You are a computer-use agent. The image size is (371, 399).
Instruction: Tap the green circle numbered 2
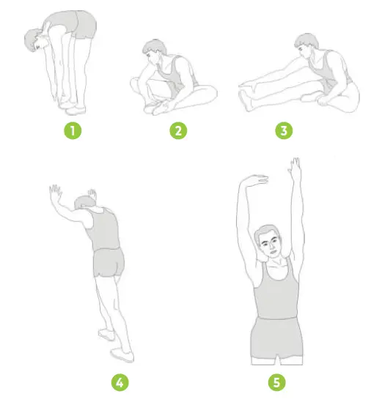178,132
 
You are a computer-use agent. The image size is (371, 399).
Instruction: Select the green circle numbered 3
283,132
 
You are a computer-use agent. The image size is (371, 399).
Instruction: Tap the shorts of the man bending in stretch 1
82,25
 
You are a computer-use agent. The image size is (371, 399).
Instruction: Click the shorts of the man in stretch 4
109,263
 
